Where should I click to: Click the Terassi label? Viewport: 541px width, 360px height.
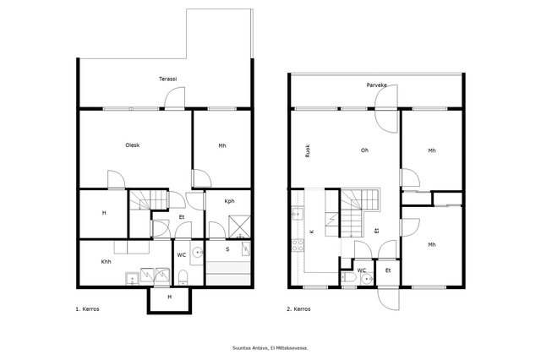(x=167, y=79)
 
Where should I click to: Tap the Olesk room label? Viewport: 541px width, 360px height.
(x=133, y=145)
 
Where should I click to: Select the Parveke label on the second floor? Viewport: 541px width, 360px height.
(x=376, y=85)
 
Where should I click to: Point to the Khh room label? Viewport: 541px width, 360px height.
(x=106, y=262)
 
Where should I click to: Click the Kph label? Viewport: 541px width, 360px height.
(x=229, y=201)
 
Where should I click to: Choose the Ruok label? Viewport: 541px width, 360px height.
(x=308, y=151)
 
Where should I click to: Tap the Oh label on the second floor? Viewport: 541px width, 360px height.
(x=364, y=150)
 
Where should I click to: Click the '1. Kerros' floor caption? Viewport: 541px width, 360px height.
(x=87, y=309)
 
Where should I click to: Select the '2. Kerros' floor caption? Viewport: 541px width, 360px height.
(x=298, y=309)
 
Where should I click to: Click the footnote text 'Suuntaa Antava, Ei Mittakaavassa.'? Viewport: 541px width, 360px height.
(x=270, y=348)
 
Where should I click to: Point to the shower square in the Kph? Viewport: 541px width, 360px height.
(x=239, y=226)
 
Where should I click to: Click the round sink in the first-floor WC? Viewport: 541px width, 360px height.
(x=198, y=253)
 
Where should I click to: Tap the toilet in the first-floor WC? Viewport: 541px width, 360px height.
(x=183, y=277)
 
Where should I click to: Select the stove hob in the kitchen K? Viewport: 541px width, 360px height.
(x=298, y=246)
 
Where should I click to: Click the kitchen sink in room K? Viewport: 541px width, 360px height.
(x=298, y=214)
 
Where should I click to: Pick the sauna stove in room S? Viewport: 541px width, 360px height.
(x=246, y=248)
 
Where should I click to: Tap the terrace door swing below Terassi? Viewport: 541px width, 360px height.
(x=175, y=97)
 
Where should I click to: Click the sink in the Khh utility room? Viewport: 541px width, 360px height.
(x=132, y=279)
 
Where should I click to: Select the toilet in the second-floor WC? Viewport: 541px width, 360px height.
(x=349, y=278)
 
